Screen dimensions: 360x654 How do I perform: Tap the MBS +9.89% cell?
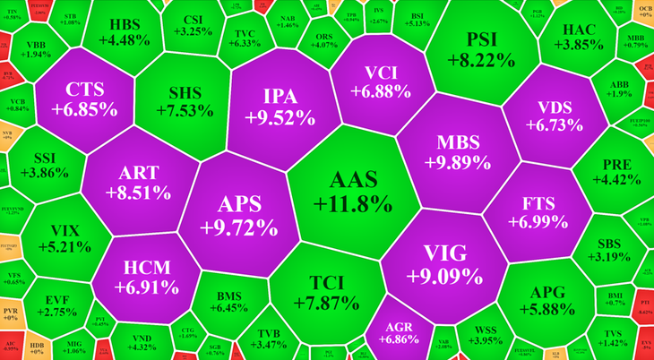click(459, 152)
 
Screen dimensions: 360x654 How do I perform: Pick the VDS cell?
click(548, 114)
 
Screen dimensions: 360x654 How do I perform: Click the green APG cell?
click(546, 300)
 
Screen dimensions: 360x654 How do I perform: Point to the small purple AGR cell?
click(398, 332)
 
